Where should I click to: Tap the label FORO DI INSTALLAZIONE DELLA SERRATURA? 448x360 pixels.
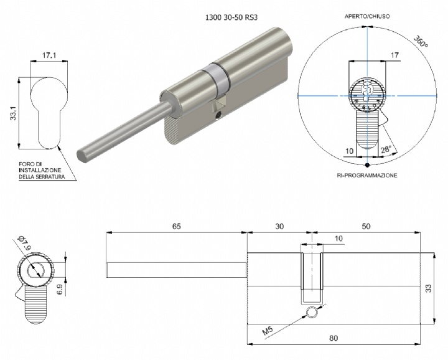(x=40, y=169)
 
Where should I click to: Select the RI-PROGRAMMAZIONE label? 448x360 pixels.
(x=367, y=176)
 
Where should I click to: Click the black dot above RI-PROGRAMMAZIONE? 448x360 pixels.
(x=368, y=165)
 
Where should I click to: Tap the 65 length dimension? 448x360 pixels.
(x=176, y=227)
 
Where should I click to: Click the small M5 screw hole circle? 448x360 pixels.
(x=311, y=315)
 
